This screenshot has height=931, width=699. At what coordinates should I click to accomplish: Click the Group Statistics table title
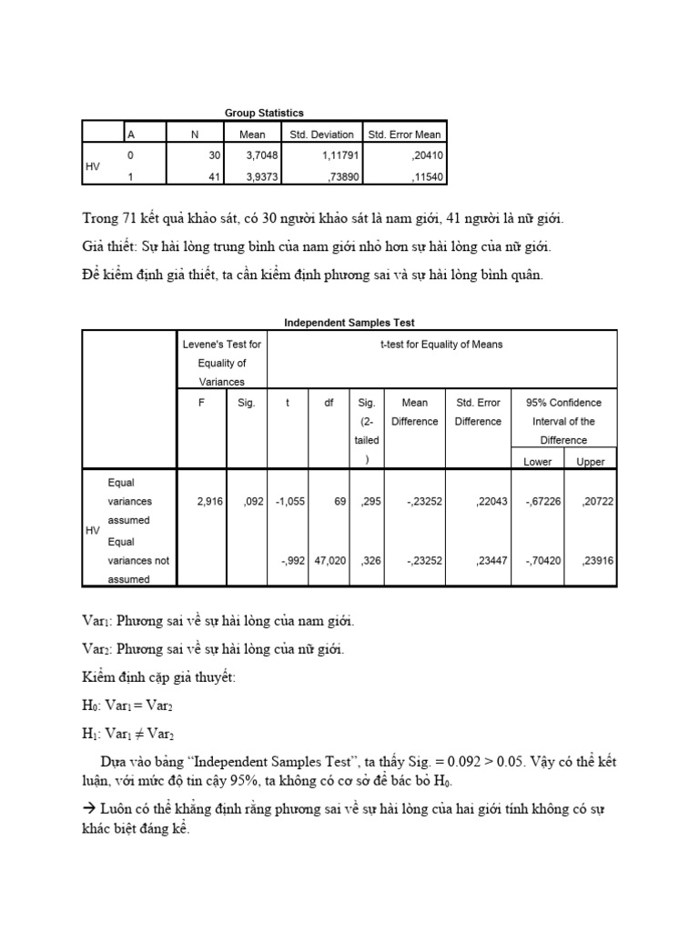264,113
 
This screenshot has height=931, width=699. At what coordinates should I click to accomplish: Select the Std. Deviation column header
321,135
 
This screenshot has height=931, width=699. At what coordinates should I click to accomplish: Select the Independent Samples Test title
349,323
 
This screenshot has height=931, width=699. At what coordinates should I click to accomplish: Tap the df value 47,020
330,561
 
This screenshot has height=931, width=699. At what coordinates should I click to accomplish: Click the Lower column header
538,462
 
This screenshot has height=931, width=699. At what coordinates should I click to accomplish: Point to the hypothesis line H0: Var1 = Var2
127,705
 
